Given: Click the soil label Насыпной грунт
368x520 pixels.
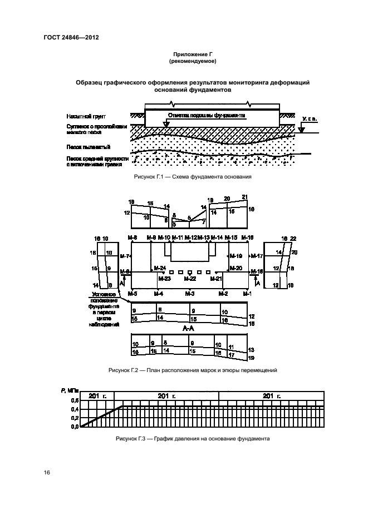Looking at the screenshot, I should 84,118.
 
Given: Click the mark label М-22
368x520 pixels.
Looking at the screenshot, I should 190,279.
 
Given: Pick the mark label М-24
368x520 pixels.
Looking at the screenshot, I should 159,268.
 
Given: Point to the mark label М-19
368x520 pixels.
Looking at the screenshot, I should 236,256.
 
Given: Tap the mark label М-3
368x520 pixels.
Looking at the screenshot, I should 189,293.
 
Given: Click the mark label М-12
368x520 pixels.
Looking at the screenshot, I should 191,238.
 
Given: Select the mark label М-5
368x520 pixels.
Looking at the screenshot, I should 133,293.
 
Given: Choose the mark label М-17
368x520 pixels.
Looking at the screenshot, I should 257,256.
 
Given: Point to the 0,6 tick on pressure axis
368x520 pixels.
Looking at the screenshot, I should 75,400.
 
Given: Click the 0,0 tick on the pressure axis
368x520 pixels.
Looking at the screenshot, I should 75,427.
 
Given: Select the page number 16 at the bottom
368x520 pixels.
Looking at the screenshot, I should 47,473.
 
